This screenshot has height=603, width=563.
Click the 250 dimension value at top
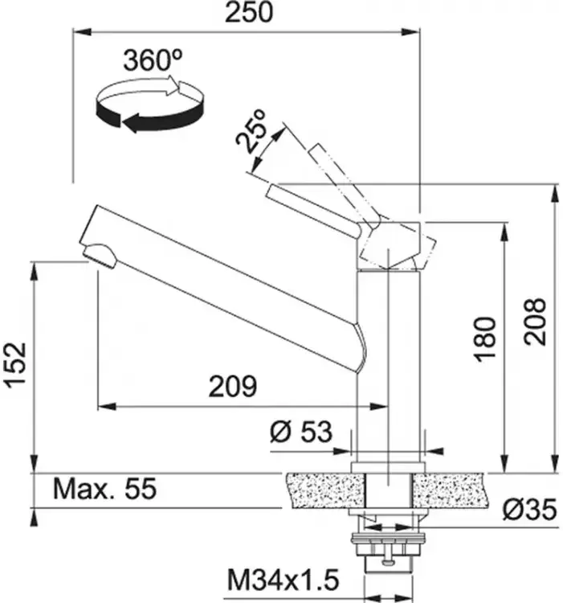click(248, 12)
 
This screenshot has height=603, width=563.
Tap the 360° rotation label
click(153, 60)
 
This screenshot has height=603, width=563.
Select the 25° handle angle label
click(251, 132)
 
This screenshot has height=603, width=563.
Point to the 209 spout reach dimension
click(233, 386)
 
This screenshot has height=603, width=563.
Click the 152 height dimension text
click(15, 364)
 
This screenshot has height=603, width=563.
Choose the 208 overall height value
click(535, 322)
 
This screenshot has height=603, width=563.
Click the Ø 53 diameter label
click(300, 432)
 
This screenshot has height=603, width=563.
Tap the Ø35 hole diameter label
click(529, 510)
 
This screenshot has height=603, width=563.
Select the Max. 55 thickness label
click(105, 489)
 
